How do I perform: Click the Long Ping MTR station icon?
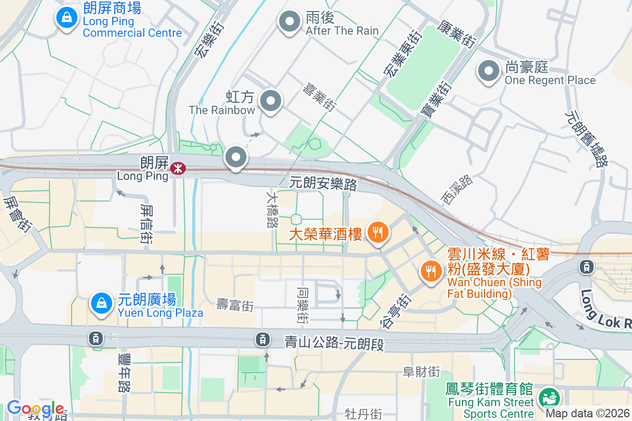[177, 168]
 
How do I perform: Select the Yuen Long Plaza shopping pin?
[100, 303]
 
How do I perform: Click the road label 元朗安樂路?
[323, 184]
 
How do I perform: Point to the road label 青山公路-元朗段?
[334, 344]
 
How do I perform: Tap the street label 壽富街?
[235, 305]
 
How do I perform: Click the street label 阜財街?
[421, 372]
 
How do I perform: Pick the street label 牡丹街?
[363, 414]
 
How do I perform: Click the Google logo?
[35, 409]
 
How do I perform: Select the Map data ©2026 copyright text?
[587, 414]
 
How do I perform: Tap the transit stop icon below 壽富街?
[262, 339]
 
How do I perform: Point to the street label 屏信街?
[147, 224]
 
